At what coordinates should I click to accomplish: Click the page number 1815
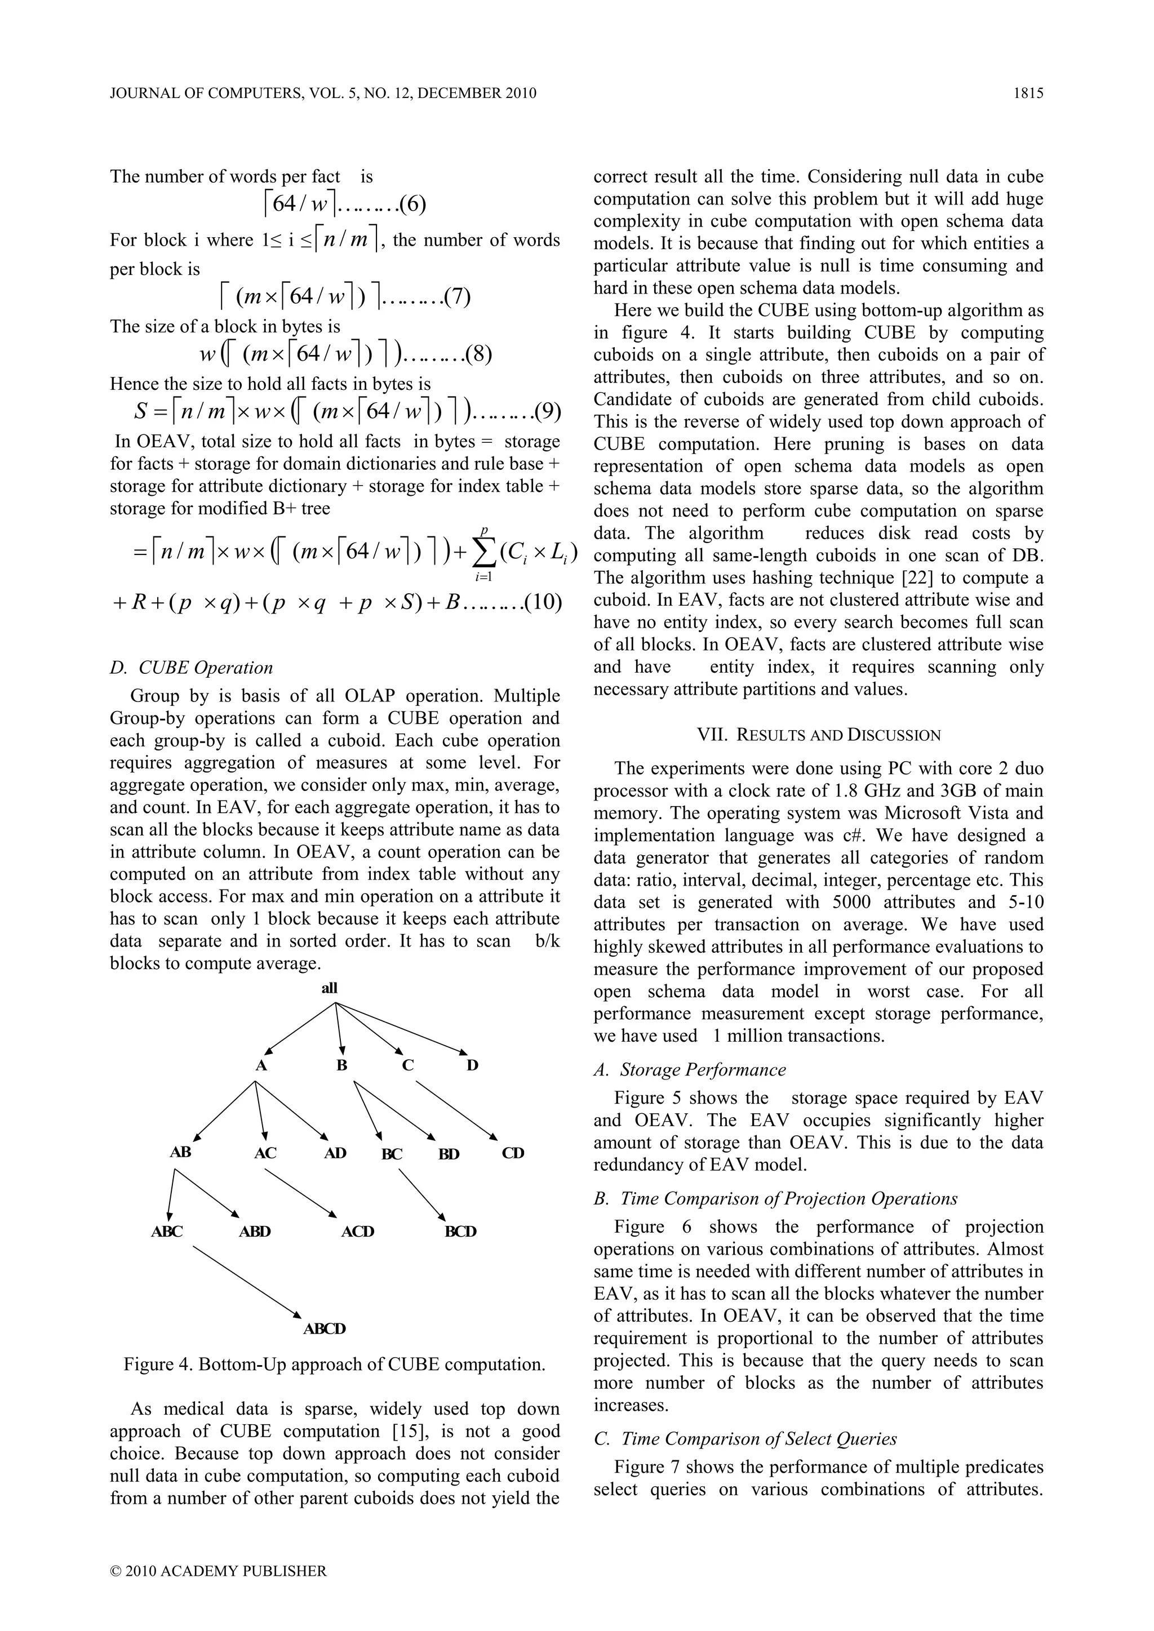[x=1028, y=93]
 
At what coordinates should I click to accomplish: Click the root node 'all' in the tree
[x=330, y=988]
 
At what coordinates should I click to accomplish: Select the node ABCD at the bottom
[x=325, y=1328]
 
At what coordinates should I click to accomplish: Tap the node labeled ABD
[x=254, y=1231]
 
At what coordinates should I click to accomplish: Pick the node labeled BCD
[x=460, y=1231]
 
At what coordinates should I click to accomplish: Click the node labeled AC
[x=265, y=1153]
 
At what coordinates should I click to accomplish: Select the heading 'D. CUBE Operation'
[x=191, y=668]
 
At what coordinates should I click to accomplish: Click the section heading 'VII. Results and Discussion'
[x=819, y=735]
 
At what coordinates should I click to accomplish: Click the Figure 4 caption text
[x=335, y=1364]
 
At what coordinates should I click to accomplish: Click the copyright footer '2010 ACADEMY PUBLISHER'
[x=219, y=1571]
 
